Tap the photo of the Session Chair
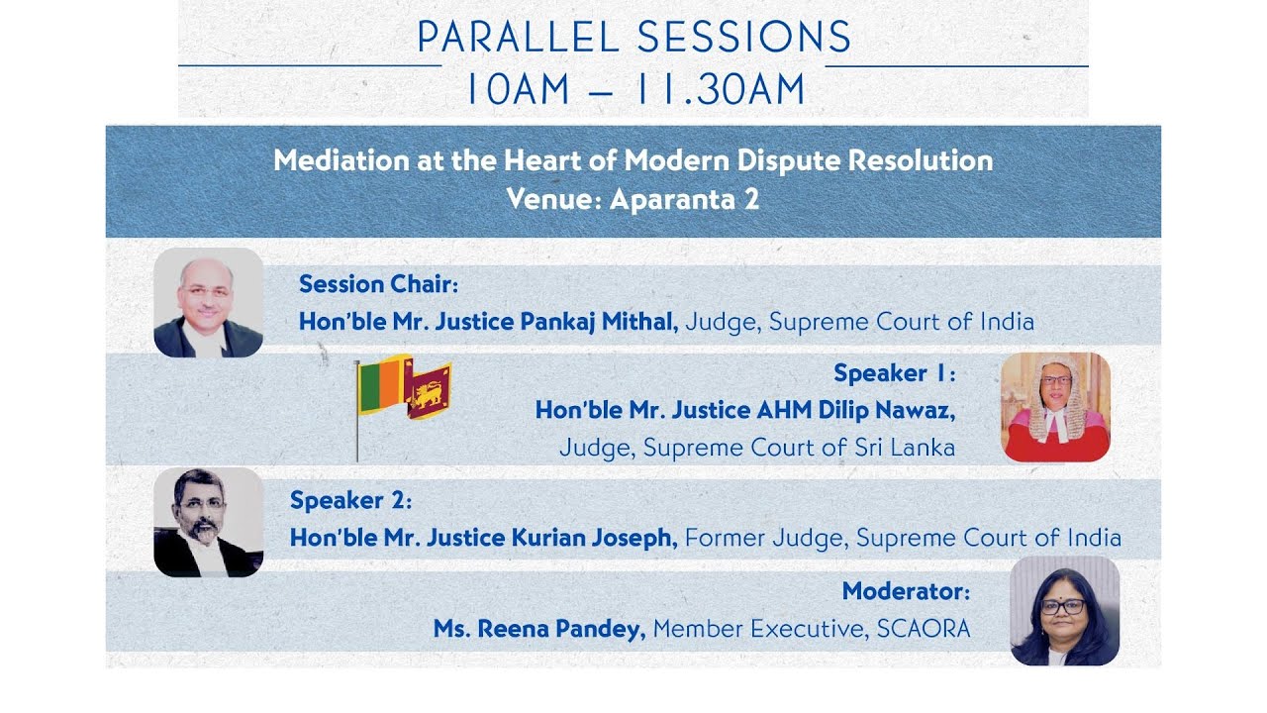(x=209, y=303)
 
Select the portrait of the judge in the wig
(x=1055, y=407)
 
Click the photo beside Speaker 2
(x=209, y=522)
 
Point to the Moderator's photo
(x=1064, y=611)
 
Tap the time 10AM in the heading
(x=518, y=89)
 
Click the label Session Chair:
(x=378, y=284)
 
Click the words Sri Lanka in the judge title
(x=903, y=448)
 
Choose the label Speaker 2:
(x=350, y=500)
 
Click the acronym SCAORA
(x=923, y=629)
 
